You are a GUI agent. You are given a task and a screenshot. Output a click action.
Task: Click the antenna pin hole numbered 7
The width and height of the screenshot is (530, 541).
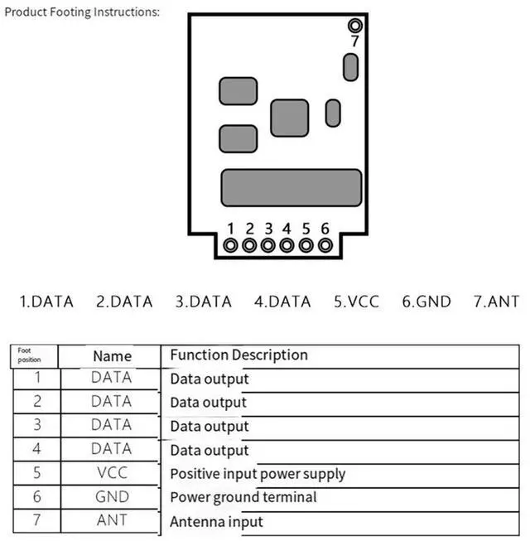(354, 25)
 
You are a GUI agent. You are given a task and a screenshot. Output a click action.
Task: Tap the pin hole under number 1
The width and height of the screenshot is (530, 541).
(230, 245)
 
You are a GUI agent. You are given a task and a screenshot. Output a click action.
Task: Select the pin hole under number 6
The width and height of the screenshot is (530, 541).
(325, 245)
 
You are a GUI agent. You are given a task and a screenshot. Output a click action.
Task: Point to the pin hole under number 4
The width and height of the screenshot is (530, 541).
(287, 245)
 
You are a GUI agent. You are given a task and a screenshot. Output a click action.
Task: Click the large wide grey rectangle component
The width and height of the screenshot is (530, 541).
(291, 187)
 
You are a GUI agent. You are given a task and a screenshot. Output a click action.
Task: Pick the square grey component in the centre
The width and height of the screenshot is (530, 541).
(289, 118)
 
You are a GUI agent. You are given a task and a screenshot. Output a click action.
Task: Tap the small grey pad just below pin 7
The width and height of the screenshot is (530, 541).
(350, 65)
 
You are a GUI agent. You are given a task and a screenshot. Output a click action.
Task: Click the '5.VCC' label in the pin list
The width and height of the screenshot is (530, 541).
(356, 302)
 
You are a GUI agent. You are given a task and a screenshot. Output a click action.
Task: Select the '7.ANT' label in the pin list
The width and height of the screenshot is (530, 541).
(496, 302)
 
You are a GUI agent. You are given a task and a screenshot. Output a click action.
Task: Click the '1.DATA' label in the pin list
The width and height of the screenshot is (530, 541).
(46, 302)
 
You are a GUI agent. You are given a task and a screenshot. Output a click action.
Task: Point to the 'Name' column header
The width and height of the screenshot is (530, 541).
(112, 356)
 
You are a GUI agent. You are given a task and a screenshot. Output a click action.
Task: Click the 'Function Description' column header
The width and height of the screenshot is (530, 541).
(238, 355)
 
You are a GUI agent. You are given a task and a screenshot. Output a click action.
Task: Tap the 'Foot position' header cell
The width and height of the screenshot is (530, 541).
(30, 356)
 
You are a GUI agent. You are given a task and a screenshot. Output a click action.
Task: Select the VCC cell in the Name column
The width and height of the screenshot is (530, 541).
(112, 474)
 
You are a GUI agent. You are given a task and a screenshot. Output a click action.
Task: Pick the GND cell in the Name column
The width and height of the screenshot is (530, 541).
(112, 497)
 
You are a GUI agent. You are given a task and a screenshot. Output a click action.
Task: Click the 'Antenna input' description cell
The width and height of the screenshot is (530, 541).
(216, 522)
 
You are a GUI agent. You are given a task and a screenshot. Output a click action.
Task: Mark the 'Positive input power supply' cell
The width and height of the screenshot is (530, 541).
(258, 475)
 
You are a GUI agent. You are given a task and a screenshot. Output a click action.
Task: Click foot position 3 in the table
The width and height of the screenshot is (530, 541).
(36, 426)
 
